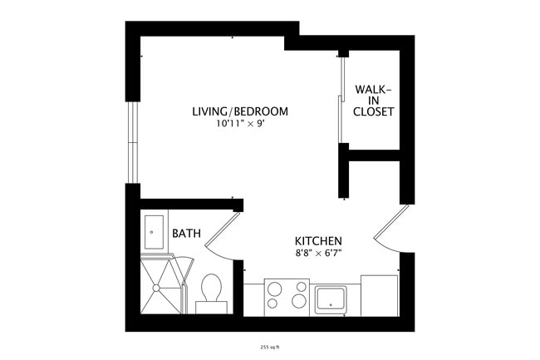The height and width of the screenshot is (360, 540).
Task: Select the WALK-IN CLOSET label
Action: coord(373,100)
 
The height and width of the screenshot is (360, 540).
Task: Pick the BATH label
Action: coord(186,234)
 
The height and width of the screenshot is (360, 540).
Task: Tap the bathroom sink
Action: coord(155,231)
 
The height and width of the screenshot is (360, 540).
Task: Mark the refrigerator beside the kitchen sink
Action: coord(379,295)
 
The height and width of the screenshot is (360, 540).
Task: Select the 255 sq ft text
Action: coord(270,347)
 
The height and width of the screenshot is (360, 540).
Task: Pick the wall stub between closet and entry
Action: coord(342,171)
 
